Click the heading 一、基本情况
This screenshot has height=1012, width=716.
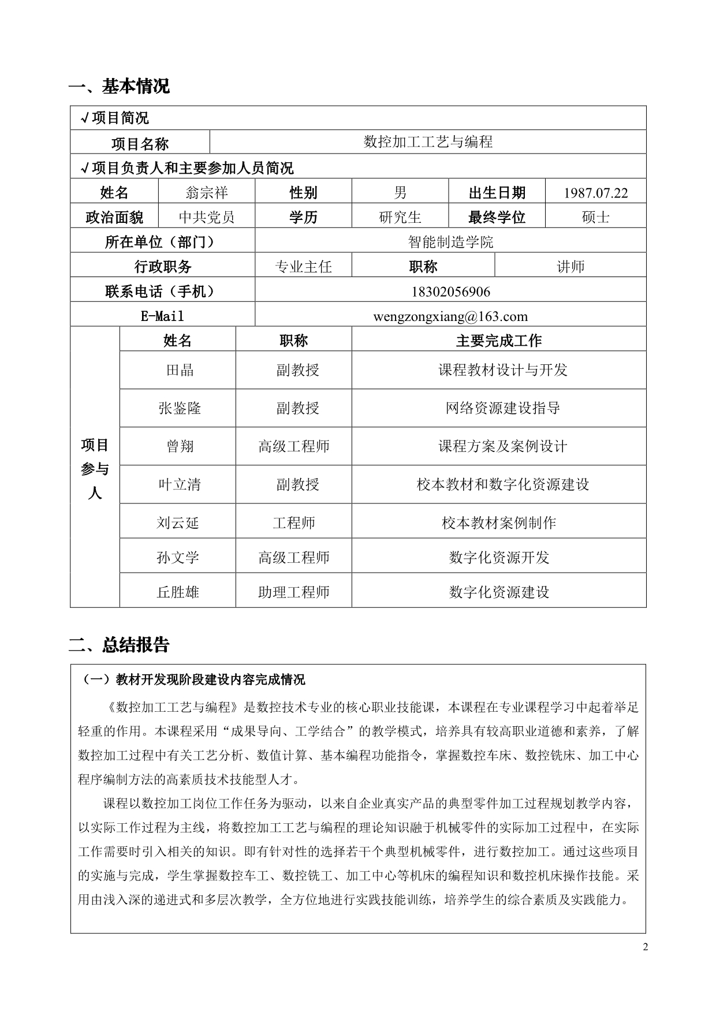tap(119, 86)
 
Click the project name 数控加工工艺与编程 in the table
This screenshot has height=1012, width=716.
tap(428, 142)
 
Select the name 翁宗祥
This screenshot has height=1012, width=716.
tap(207, 192)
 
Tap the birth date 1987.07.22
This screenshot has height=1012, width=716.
tap(595, 193)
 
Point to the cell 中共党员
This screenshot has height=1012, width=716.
tap(207, 217)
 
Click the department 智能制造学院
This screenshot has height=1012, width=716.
tap(450, 242)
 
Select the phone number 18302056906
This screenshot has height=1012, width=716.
tap(450, 292)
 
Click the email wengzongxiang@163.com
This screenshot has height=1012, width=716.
tap(450, 316)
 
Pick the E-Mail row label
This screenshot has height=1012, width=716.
tap(162, 316)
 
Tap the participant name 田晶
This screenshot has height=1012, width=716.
tap(180, 370)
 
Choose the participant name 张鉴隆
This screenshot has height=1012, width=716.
tap(180, 408)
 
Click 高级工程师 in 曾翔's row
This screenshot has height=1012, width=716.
tap(294, 446)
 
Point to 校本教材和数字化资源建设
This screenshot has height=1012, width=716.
tap(502, 484)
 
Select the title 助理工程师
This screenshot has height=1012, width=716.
tap(294, 592)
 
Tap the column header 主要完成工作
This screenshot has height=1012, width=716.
tap(499, 341)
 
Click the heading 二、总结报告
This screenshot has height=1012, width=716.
tap(119, 644)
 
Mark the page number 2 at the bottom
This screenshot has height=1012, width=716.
tap(646, 947)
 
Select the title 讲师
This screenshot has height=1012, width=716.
tap(570, 267)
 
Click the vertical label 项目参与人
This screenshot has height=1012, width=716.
tap(95, 469)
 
